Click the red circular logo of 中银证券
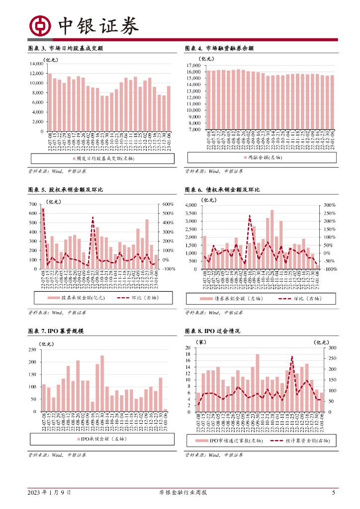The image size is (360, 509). [x=39, y=26]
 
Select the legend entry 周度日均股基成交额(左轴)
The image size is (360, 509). [x=102, y=159]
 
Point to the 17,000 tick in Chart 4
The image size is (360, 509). [x=192, y=66]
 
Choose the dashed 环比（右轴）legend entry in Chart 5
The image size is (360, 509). [x=136, y=298]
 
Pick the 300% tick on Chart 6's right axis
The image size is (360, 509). [x=330, y=205]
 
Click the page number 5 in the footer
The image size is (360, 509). [x=334, y=493]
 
